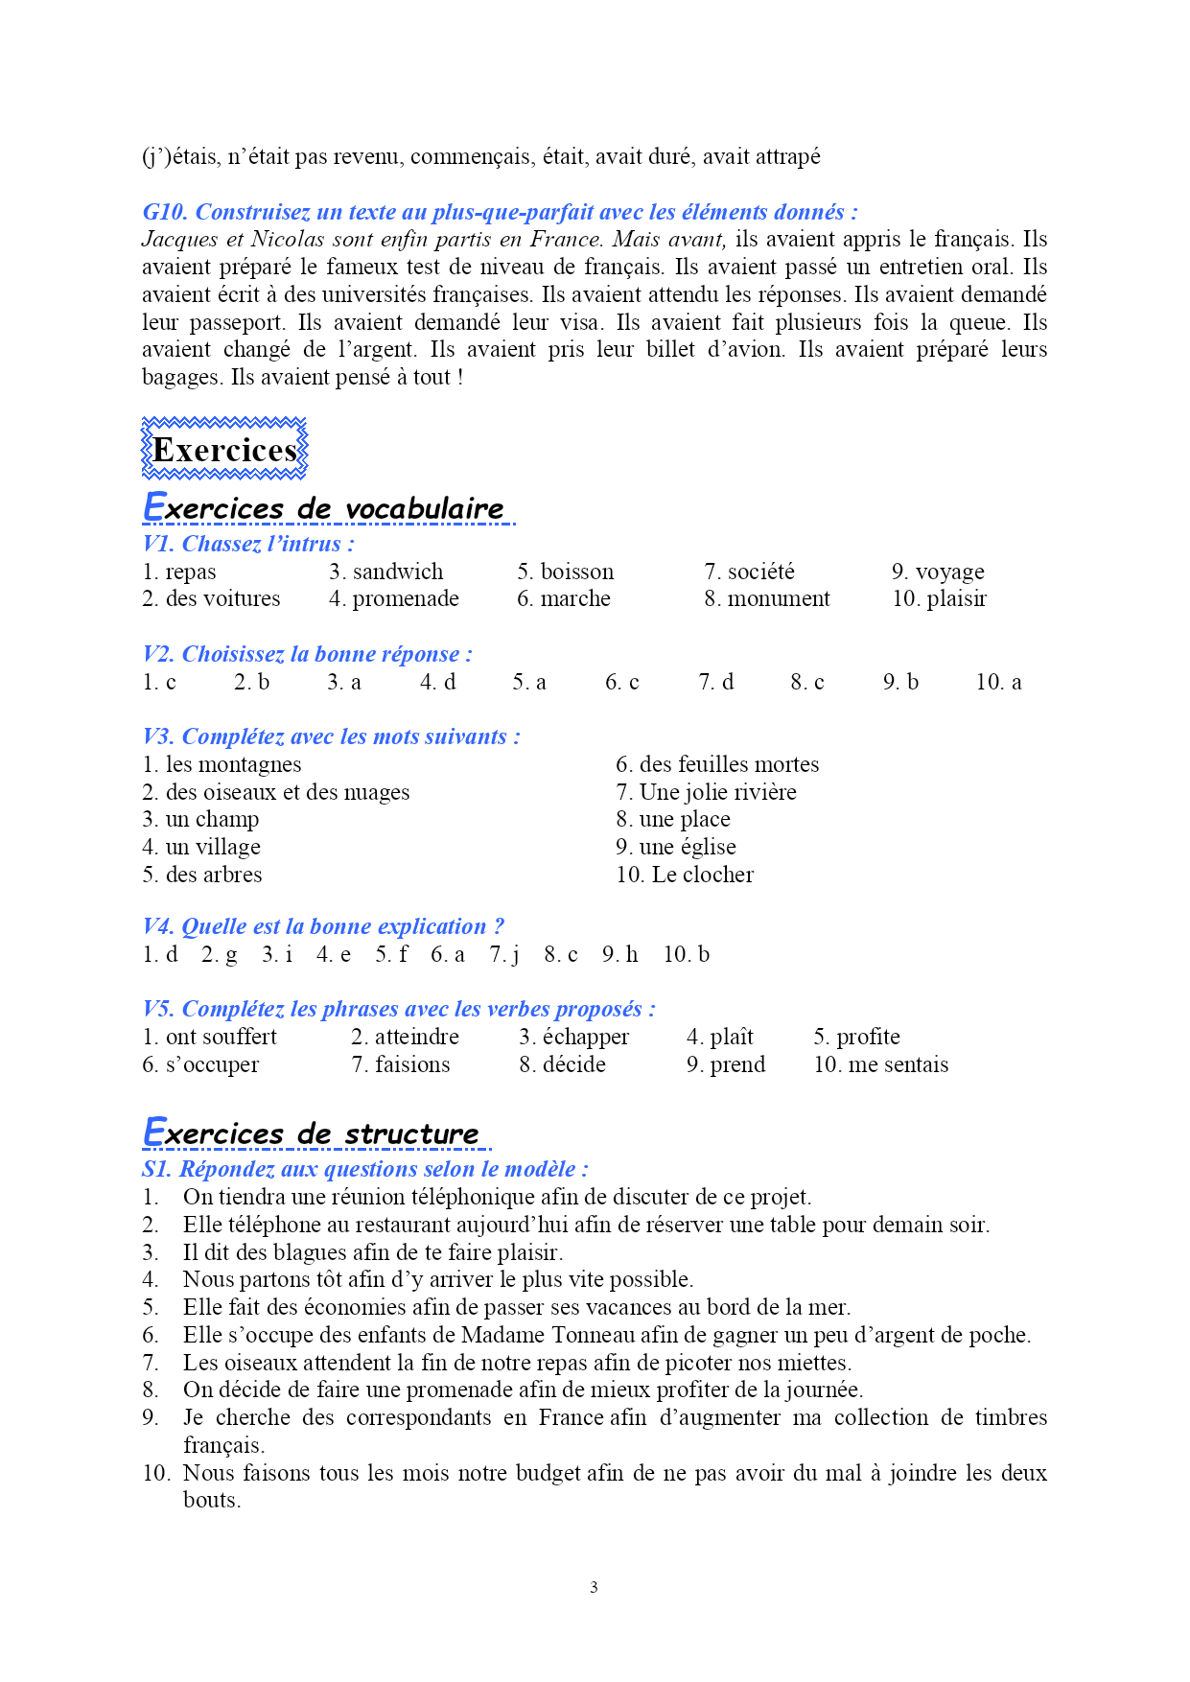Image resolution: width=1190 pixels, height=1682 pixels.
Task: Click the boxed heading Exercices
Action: (224, 450)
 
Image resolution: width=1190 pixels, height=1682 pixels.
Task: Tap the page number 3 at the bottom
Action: (594, 1587)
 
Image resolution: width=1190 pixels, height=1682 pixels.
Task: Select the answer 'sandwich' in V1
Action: (398, 572)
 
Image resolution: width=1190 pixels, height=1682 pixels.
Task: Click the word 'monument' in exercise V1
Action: (779, 598)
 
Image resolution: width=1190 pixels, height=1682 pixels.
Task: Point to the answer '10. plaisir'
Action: (939, 598)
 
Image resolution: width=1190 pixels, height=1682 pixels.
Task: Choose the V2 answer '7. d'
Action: (715, 682)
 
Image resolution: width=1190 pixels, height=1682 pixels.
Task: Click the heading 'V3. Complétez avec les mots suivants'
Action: (331, 736)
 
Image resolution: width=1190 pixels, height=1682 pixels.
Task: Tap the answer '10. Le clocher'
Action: (685, 875)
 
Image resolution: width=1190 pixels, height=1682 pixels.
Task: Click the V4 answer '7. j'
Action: (503, 954)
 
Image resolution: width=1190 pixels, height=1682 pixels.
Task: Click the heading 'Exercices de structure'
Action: (317, 1133)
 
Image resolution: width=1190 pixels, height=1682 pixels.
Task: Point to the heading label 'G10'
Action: (165, 212)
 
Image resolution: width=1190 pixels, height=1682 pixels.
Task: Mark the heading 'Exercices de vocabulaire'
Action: (327, 508)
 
